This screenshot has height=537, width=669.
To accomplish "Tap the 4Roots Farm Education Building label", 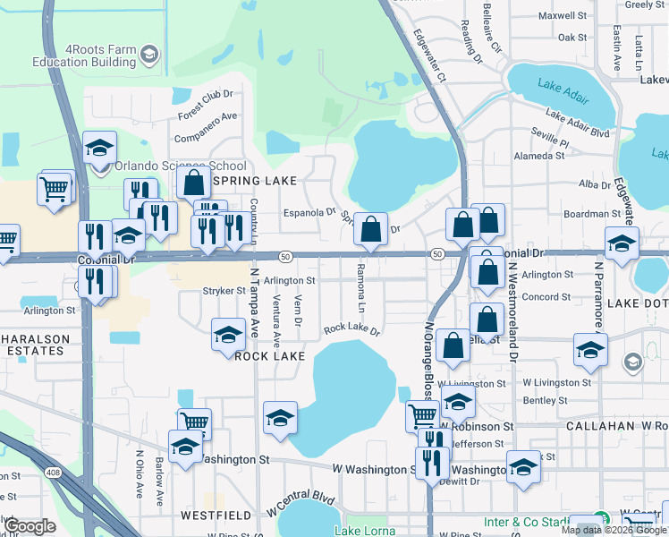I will pos(81,55).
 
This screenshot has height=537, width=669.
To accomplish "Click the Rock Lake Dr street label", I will pos(351,329).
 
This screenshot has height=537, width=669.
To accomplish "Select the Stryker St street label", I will pos(224,291).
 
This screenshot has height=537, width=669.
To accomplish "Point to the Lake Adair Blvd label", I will pos(577,124).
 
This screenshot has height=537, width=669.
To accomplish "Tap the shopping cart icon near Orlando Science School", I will pos(54,189).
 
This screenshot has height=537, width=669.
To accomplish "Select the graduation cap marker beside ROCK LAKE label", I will pos(228,337).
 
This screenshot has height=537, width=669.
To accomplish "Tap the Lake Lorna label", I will pos(360,531).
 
